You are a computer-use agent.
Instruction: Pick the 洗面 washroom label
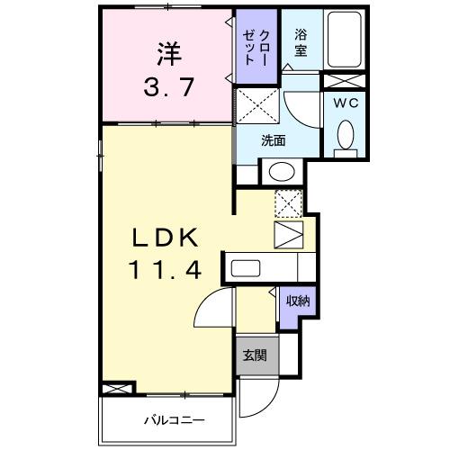(274, 140)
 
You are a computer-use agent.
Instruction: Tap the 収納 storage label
(299, 301)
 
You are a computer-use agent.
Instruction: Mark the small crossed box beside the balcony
(117, 389)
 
